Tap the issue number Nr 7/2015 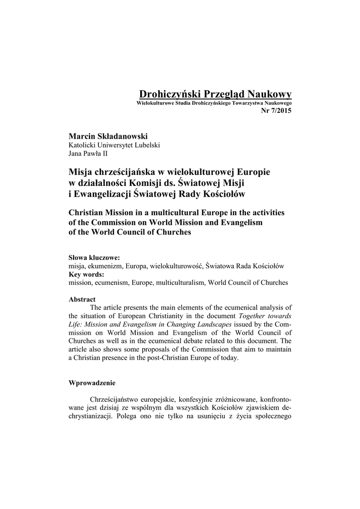pyautogui.click(x=276, y=110)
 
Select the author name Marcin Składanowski pyautogui.click(x=108, y=136)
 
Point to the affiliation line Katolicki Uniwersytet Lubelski pyautogui.click(x=114, y=145)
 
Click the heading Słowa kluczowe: pyautogui.click(x=94, y=258)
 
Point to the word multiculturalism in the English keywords pyautogui.click(x=180, y=282)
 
